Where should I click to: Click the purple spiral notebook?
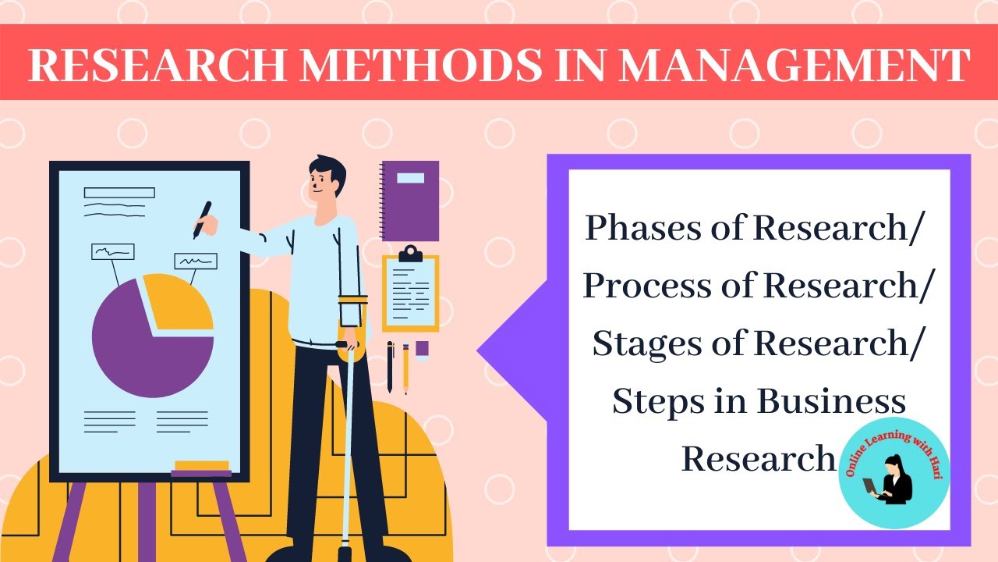coord(410,201)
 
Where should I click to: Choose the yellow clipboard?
coord(410,292)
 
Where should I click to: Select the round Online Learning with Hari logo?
coord(894,472)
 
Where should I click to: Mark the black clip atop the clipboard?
coord(410,254)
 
